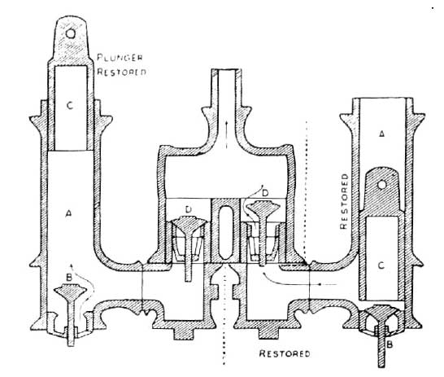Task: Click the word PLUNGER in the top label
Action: tap(120, 58)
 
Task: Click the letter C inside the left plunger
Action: tap(70, 106)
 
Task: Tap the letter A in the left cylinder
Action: tap(68, 213)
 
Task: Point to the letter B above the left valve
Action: tap(69, 277)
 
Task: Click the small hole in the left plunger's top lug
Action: tap(70, 33)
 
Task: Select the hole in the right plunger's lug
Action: tap(382, 185)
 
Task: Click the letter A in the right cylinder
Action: tap(381, 133)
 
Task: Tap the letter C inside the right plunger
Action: tap(381, 265)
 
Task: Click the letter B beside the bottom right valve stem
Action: tap(390, 344)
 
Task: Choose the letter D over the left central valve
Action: tap(189, 209)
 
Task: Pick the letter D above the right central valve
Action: tap(265, 193)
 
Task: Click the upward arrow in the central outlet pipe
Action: tap(226, 134)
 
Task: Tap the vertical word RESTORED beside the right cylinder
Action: tap(343, 201)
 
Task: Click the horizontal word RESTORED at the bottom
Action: tap(285, 353)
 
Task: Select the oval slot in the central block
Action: tap(225, 232)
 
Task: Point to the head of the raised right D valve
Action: tap(259, 208)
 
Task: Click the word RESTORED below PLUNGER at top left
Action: tap(121, 72)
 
